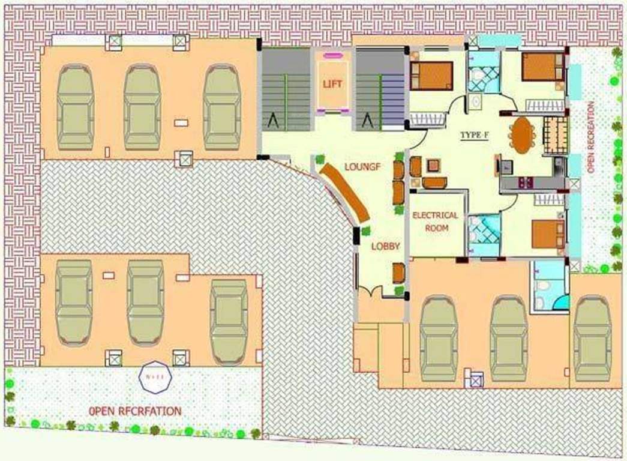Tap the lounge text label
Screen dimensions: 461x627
pos(362,166)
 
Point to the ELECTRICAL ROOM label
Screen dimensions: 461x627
pos(435,221)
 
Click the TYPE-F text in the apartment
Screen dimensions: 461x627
pos(475,135)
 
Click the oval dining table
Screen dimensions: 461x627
pos(521,134)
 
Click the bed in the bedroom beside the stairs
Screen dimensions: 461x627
pos(431,76)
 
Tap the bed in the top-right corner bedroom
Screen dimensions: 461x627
pos(542,67)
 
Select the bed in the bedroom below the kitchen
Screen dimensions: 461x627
pos(547,234)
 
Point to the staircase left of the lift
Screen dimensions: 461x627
pos(286,89)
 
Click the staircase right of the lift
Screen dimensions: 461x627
pos(380,89)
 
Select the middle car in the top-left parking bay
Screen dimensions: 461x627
pos(142,107)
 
